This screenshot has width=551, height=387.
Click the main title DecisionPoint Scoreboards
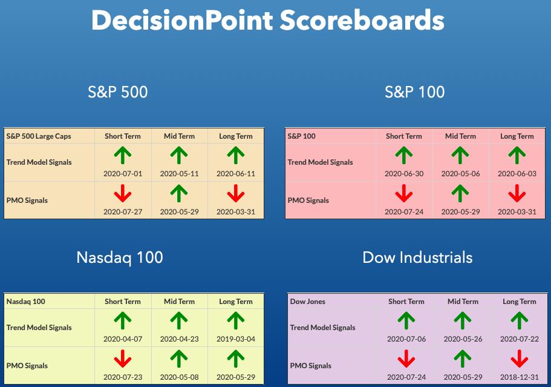[x=268, y=21]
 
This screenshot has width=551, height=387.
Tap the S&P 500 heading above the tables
[x=118, y=92]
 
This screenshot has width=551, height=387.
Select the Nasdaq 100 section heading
[x=120, y=258]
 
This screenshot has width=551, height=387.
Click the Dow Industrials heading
[x=417, y=257]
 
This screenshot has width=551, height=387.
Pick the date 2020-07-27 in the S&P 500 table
[x=123, y=212]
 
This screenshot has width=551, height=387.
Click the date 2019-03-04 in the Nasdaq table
[x=236, y=339]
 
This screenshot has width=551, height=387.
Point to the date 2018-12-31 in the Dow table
[x=520, y=377]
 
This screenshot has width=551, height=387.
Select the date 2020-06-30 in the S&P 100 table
[x=404, y=174]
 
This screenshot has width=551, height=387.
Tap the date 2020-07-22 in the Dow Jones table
[x=520, y=339]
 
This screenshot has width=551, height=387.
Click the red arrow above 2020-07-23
[x=123, y=359]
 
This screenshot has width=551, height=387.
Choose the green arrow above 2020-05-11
[x=179, y=156]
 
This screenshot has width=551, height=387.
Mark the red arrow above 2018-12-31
[x=520, y=359]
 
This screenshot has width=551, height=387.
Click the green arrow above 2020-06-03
[x=517, y=156]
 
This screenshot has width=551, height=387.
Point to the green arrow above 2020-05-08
[x=179, y=359]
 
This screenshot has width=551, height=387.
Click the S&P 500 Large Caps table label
[x=39, y=136]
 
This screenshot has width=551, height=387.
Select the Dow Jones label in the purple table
[x=307, y=302]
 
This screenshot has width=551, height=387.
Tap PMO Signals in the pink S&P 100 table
[x=308, y=200]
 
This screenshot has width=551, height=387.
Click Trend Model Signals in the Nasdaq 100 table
[x=39, y=328]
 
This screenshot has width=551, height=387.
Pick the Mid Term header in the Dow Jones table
[x=463, y=302]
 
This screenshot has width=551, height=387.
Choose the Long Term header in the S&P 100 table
[x=517, y=136]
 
